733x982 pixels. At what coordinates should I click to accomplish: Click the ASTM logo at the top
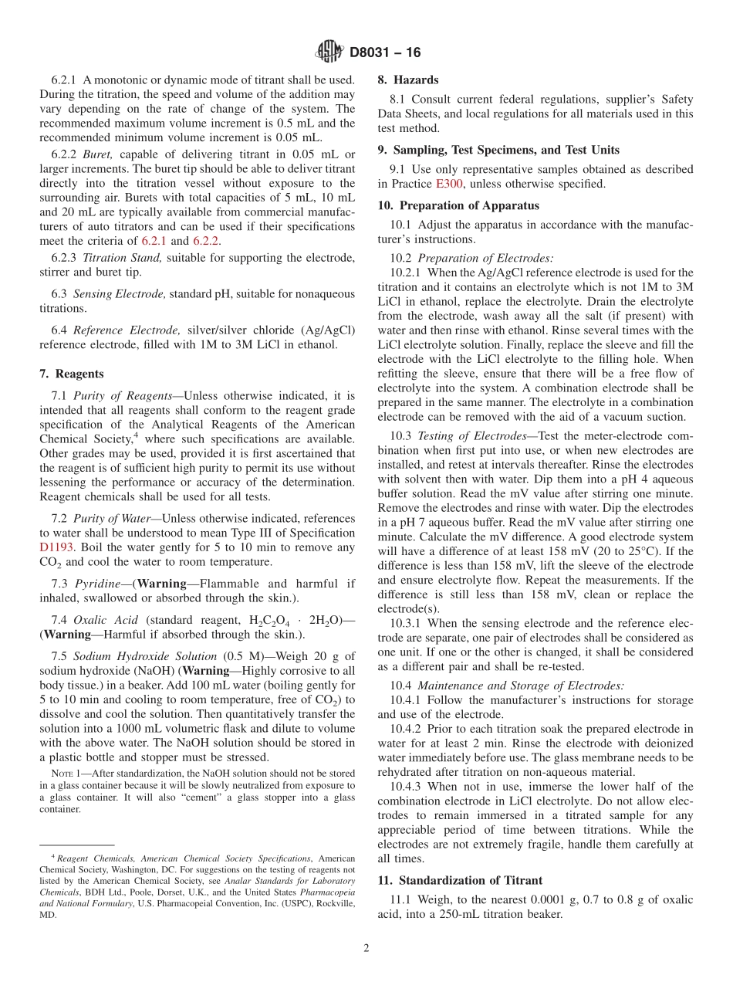point(330,52)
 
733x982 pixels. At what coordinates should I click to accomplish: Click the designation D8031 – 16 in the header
point(385,53)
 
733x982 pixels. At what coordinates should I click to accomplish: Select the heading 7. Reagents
point(71,374)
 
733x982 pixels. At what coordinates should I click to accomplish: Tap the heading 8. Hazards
point(407,80)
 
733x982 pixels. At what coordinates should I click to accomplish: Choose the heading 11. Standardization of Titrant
point(460,880)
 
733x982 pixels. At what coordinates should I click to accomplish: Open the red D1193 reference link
point(55,547)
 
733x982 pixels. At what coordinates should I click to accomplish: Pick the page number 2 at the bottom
point(366,949)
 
